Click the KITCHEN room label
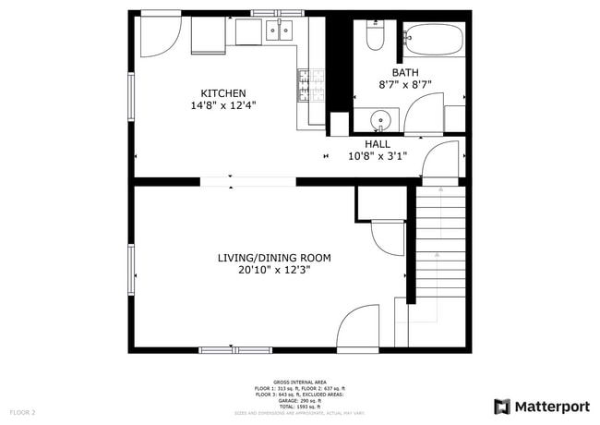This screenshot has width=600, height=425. (x=223, y=93)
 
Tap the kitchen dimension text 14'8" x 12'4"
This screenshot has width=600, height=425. (x=223, y=105)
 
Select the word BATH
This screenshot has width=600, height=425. (x=405, y=72)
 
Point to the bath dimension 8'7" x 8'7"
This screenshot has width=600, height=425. (x=405, y=84)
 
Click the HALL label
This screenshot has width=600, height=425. (x=377, y=144)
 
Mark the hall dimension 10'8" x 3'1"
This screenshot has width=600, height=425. (x=377, y=156)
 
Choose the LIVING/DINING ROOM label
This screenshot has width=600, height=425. (x=274, y=258)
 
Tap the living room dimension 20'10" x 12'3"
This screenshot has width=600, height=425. (x=274, y=271)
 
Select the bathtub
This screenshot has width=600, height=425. (x=434, y=40)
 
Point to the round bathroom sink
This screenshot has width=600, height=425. (x=383, y=120)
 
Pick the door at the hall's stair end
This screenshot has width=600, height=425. (x=441, y=160)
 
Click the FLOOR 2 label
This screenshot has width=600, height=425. (x=22, y=412)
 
